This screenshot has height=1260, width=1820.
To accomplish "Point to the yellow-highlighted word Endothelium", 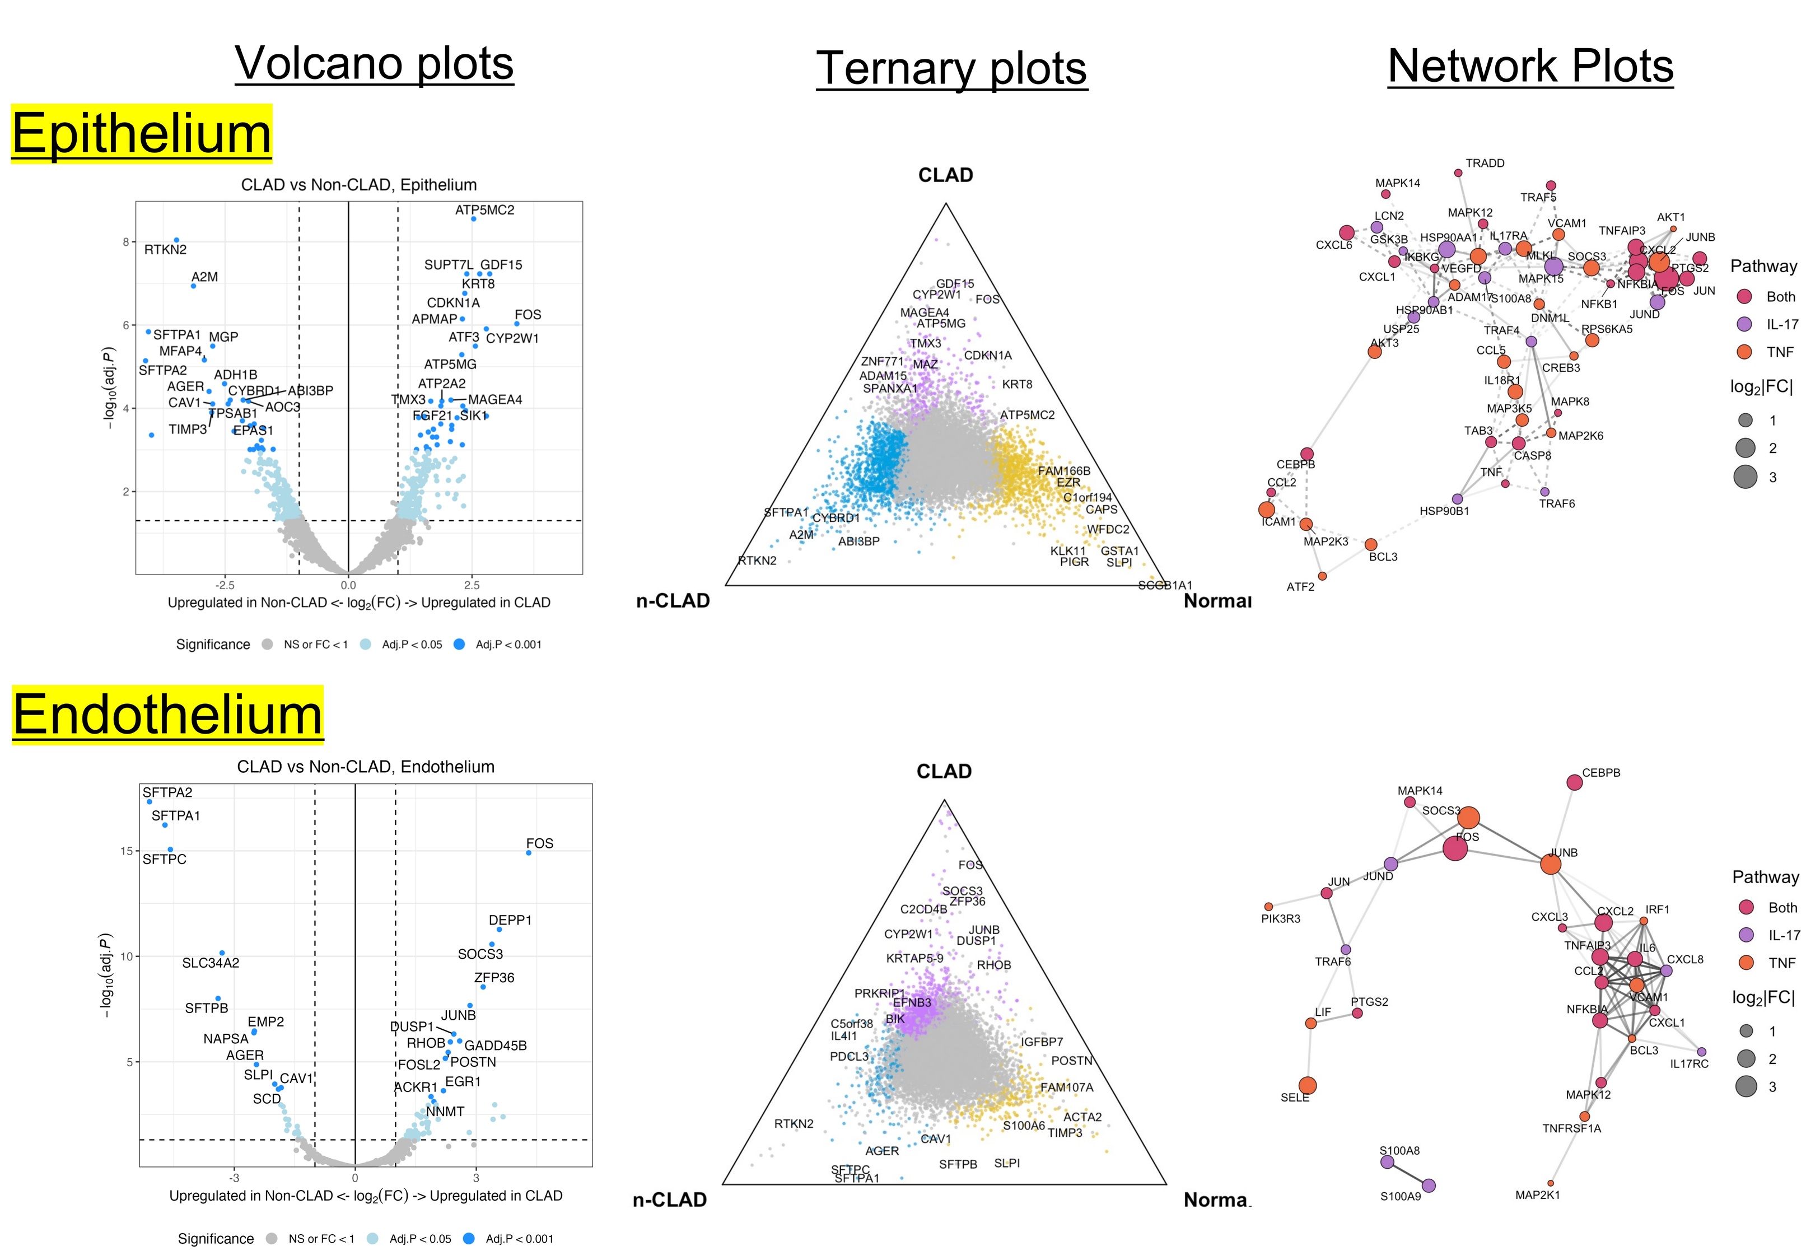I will click(x=167, y=715).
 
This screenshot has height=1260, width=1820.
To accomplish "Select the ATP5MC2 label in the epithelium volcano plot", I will click(x=484, y=210).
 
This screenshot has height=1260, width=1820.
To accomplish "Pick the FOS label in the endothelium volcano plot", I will click(x=539, y=843).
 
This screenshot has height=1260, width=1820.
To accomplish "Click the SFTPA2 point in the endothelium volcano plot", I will click(x=149, y=801).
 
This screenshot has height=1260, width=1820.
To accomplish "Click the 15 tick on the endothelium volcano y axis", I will click(x=126, y=851).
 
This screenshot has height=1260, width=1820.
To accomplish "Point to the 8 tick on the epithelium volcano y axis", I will click(x=125, y=242).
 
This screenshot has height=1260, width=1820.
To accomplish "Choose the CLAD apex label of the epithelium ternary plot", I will click(x=945, y=175).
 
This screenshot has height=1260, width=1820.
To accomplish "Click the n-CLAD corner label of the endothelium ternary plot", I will click(x=669, y=1200).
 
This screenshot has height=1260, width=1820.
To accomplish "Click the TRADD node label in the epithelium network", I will click(x=1485, y=164).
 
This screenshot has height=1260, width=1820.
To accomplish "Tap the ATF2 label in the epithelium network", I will click(x=1300, y=586).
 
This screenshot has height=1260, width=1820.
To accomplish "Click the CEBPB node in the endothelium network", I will click(x=1574, y=782).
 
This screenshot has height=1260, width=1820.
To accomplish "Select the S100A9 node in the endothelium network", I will click(x=1428, y=1186).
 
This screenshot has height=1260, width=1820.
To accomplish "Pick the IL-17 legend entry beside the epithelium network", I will click(x=1781, y=324).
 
